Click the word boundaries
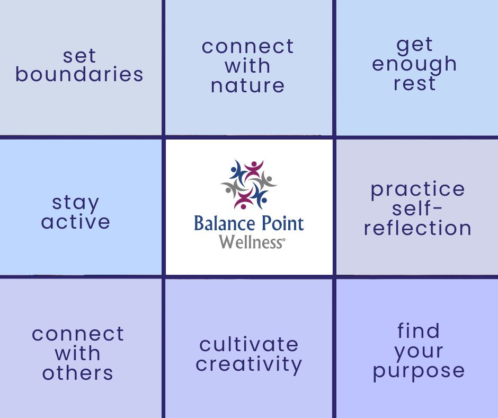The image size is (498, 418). click(79, 75)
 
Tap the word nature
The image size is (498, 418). click(247, 85)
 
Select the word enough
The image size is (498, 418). click(414, 64)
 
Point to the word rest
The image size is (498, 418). click(414, 83)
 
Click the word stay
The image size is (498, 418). click(75, 203)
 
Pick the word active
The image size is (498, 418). click(75, 222)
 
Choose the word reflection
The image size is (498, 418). click(417, 228)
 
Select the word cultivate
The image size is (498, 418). click(249, 345)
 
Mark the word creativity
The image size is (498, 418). click(249, 364)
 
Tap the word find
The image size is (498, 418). click(419, 331)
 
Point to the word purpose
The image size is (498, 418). click(419, 371)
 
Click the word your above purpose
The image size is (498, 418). click(419, 351)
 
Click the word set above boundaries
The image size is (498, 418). click(79, 56)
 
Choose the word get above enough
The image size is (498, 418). click(414, 45)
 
